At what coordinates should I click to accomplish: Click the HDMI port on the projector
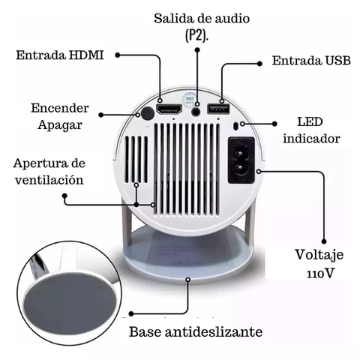(169, 109)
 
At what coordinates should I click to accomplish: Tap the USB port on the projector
(218, 109)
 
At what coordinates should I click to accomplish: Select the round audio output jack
(196, 111)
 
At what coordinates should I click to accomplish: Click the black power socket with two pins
(241, 160)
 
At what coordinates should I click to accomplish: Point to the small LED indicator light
(235, 126)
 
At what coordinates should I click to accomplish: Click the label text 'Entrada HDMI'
(60, 55)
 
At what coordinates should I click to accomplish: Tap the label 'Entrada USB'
(311, 61)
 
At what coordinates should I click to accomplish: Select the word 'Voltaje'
(319, 256)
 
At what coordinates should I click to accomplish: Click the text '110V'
(320, 274)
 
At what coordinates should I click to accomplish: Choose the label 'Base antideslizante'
(196, 331)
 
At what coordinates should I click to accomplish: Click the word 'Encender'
(60, 108)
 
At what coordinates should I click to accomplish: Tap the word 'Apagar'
(60, 125)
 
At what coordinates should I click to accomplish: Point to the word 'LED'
(310, 122)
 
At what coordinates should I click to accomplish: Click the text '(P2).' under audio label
(196, 36)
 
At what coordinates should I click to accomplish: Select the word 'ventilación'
(49, 180)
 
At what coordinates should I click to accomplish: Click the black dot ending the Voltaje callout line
(324, 241)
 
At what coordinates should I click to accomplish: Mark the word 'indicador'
(311, 139)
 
